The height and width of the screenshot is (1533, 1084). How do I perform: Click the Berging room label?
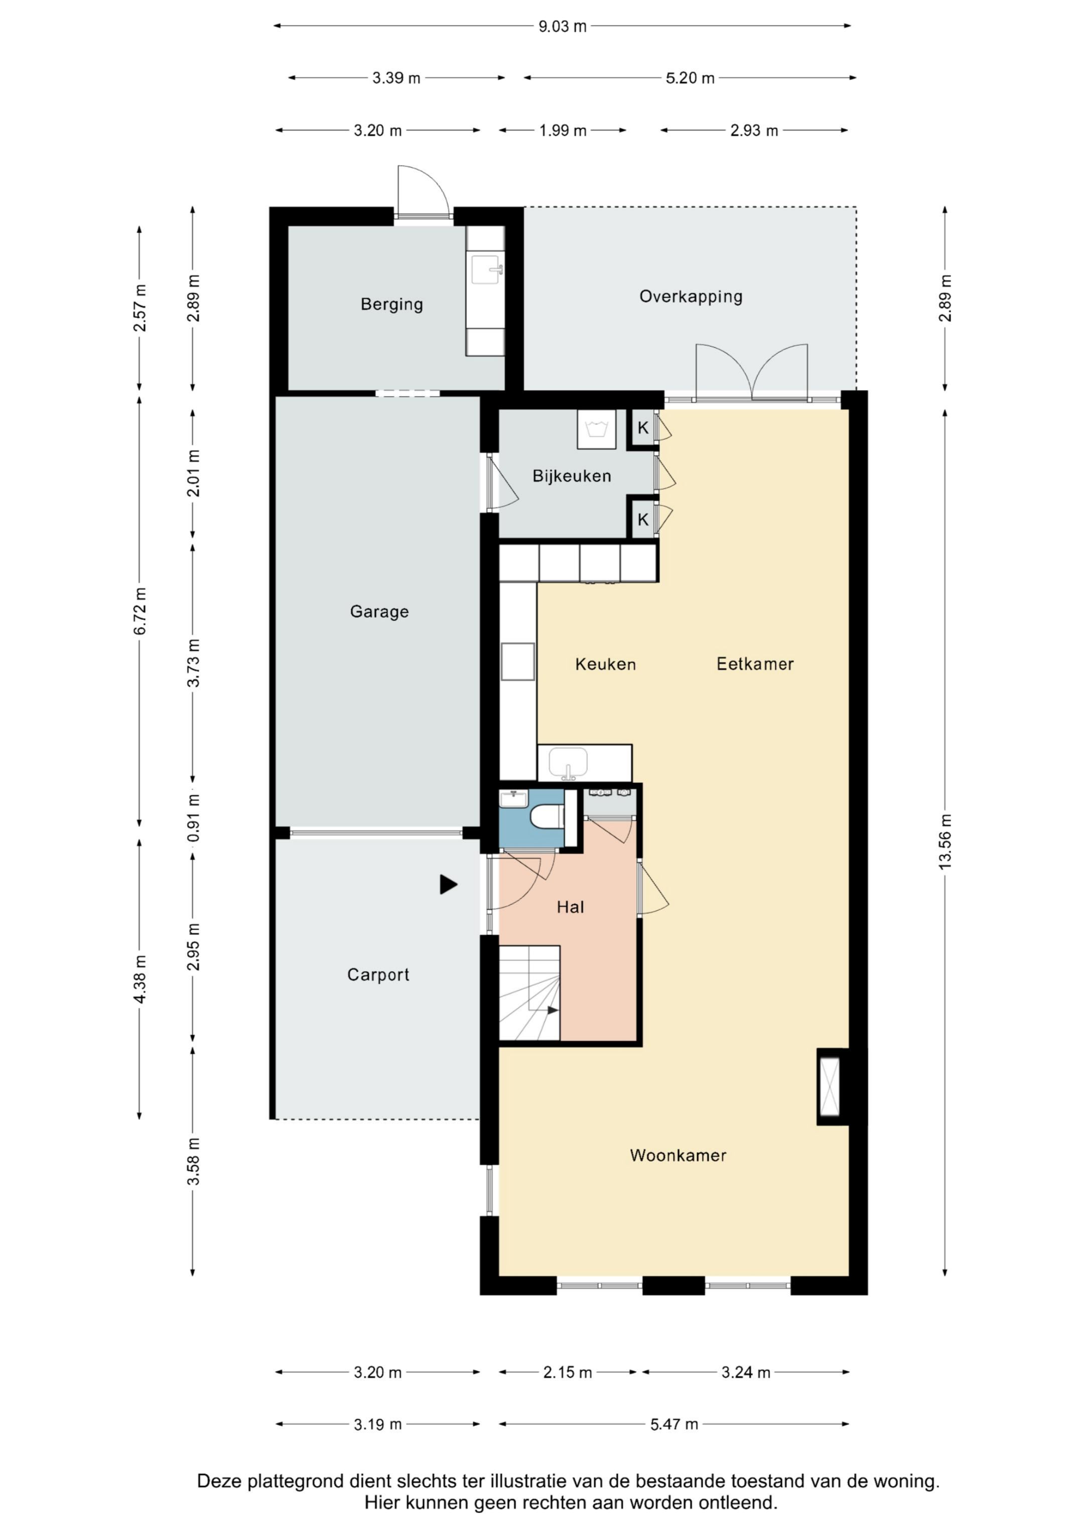391,305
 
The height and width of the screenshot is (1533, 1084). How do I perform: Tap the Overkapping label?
691,297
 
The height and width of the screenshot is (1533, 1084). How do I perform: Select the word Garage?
379,612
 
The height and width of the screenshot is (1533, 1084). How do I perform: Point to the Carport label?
378,975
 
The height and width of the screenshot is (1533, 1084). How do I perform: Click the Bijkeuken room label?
572,476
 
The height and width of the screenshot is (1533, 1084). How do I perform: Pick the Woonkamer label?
678,1155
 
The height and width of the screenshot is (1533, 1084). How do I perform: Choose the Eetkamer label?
755,664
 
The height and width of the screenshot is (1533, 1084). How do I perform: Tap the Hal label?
571,907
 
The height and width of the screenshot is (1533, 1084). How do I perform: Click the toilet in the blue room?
548,816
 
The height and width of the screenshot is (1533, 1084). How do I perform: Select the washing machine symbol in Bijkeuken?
596,430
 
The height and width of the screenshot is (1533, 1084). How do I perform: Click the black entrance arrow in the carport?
448,885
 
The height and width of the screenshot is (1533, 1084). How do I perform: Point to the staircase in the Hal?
529,993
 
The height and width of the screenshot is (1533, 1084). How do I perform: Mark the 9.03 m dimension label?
563,26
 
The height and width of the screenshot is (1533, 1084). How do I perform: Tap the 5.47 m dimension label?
674,1424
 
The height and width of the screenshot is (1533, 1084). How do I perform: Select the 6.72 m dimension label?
140,612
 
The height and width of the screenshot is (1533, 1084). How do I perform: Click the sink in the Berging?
486,269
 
